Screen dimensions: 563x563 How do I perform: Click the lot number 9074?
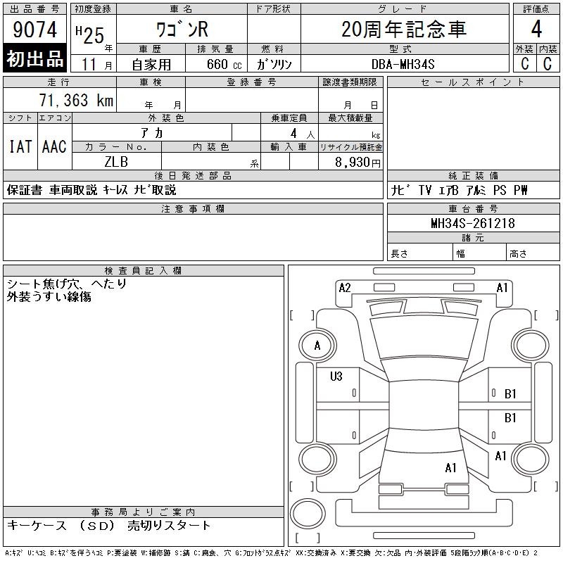tap(34, 30)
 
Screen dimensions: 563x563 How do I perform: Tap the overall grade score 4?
tap(536, 29)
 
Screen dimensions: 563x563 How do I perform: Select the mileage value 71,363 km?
tap(76, 100)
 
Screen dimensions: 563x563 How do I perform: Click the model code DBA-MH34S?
tap(403, 64)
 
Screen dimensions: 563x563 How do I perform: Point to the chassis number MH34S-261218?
tap(473, 223)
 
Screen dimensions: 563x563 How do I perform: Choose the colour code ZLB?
tap(116, 162)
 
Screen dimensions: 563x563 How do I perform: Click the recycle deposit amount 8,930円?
tap(358, 162)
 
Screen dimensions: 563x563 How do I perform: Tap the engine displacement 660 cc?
tap(224, 64)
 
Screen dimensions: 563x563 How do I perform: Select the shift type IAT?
tap(20, 146)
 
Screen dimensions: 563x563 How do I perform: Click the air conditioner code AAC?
tap(54, 146)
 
